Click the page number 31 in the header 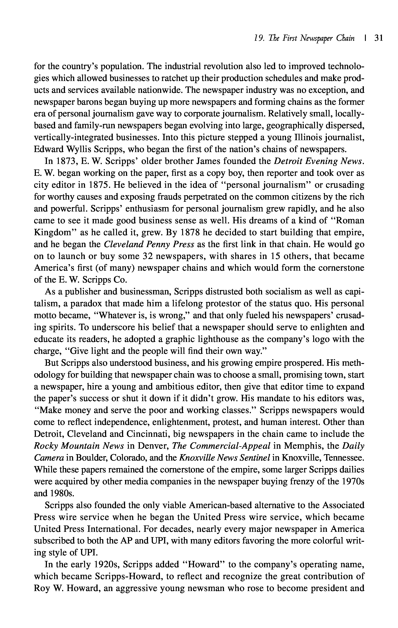378,38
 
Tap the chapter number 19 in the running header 258,38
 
